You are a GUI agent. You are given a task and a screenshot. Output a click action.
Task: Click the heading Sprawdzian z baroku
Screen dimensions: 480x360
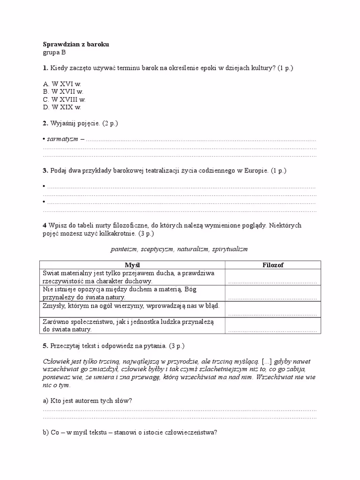[x=75, y=45]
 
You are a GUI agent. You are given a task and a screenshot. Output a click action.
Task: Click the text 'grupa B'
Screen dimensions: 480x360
[x=54, y=53]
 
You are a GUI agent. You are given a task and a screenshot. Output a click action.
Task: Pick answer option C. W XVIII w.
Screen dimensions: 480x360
[x=64, y=100]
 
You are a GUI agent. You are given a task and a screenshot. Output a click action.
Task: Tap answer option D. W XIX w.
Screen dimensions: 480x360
[x=62, y=107]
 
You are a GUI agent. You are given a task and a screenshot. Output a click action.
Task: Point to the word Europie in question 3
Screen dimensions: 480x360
[x=255, y=171]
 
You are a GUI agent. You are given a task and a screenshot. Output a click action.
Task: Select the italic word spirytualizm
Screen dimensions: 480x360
[x=230, y=249]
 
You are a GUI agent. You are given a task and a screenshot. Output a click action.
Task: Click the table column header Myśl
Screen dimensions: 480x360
[x=134, y=265]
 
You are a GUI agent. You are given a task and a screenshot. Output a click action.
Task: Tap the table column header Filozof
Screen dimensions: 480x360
[x=273, y=265]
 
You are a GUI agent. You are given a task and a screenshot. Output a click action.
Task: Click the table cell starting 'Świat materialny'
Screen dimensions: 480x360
[x=134, y=277]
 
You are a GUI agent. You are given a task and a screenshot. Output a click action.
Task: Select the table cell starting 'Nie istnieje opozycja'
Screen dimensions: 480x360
[x=134, y=293]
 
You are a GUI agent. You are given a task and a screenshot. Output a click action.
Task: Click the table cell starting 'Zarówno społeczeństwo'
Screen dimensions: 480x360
[x=134, y=326]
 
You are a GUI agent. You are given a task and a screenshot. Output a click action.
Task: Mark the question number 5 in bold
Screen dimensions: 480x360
[x=45, y=346]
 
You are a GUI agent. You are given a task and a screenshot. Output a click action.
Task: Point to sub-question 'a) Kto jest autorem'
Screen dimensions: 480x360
[x=87, y=401]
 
